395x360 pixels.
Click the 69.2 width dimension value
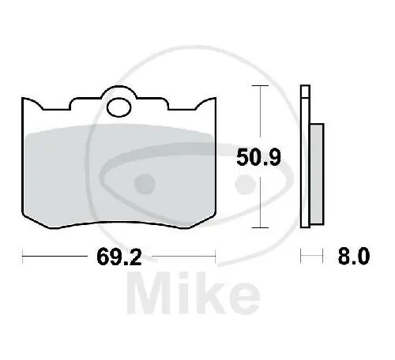click(x=119, y=257)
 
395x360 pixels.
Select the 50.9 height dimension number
click(x=258, y=157)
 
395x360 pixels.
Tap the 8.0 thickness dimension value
click(x=354, y=256)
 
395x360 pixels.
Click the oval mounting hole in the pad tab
click(x=119, y=107)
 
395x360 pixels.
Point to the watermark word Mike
click(x=194, y=293)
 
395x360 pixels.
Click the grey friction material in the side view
click(x=317, y=174)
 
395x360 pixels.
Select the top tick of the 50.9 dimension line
click(x=260, y=86)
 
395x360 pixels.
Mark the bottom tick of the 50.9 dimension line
click(x=260, y=227)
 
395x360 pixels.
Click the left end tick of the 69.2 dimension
click(x=23, y=256)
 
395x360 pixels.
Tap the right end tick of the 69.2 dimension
click(x=216, y=256)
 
